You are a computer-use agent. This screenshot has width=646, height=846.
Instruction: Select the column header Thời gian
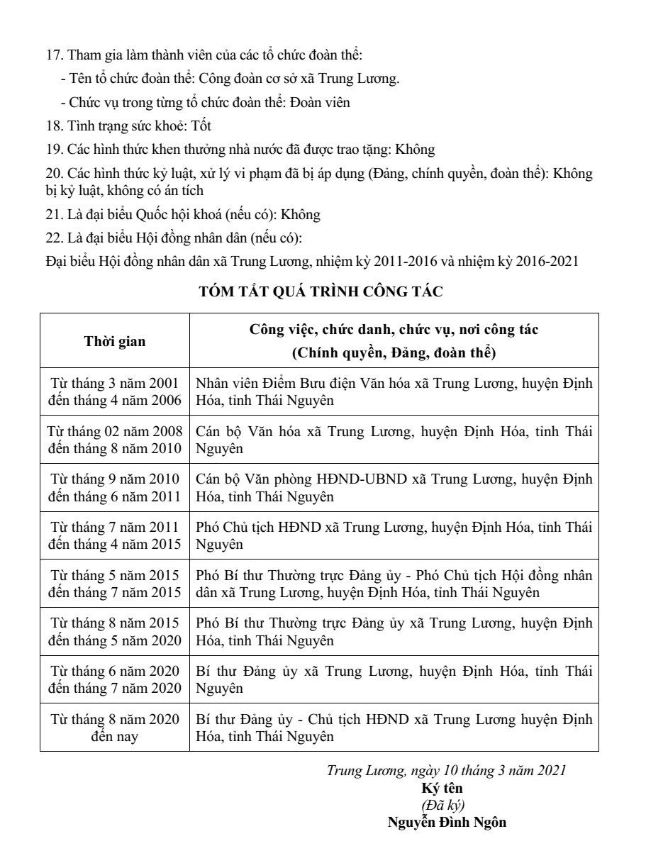[x=115, y=341]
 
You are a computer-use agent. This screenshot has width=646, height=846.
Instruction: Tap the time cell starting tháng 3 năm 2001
[x=115, y=391]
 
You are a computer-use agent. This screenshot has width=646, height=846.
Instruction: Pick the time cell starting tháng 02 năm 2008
[x=115, y=440]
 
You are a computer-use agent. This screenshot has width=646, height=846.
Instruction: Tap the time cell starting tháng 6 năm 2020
[x=115, y=678]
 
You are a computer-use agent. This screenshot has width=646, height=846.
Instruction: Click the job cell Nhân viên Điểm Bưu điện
[x=394, y=391]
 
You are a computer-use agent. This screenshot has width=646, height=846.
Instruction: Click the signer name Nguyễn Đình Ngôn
[x=447, y=823]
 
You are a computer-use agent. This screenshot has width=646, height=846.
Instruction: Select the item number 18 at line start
[x=52, y=126]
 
